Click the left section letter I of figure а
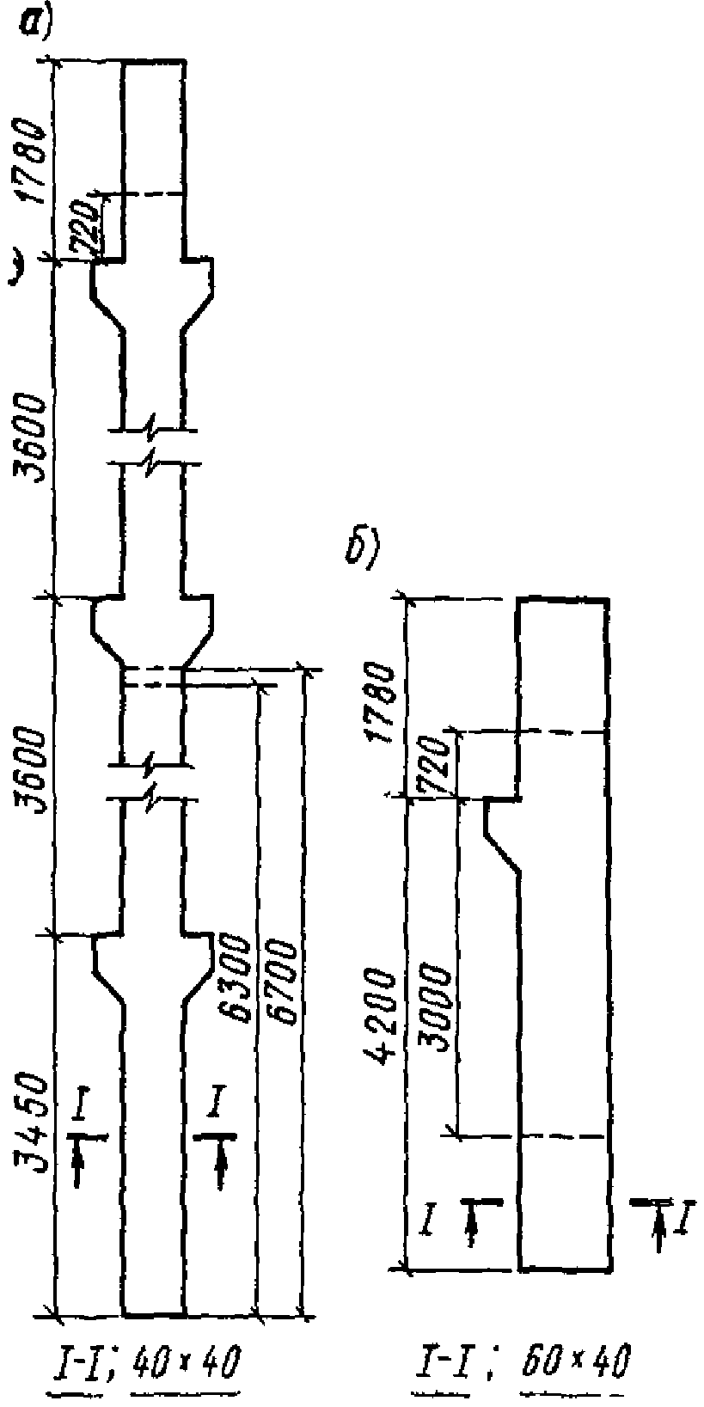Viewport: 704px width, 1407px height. pos(78,1110)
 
